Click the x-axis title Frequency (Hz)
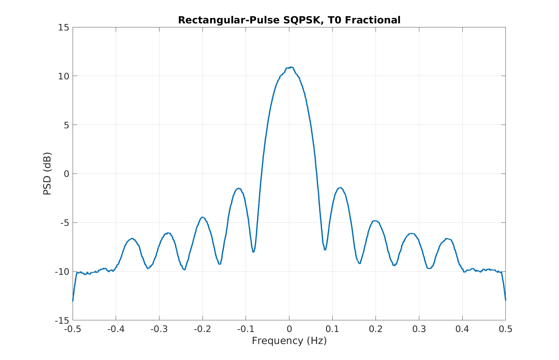pyautogui.click(x=289, y=341)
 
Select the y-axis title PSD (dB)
pyautogui.click(x=47, y=174)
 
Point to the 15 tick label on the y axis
pyautogui.click(x=63, y=27)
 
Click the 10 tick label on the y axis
pyautogui.click(x=63, y=76)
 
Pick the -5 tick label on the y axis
pyautogui.click(x=63, y=222)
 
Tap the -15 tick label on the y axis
pyautogui.click(x=62, y=320)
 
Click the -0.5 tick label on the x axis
pyautogui.click(x=73, y=329)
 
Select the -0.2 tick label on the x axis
pyautogui.click(x=203, y=329)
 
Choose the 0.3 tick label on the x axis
pyautogui.click(x=419, y=329)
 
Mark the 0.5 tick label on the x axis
pyautogui.click(x=505, y=329)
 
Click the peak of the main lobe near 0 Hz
pyautogui.click(x=290, y=67)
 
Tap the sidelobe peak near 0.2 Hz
pyautogui.click(x=375, y=221)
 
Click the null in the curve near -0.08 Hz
pyautogui.click(x=253, y=252)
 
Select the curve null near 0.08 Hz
pyautogui.click(x=325, y=250)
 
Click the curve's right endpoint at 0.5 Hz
pyautogui.click(x=505, y=300)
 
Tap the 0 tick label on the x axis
pyautogui.click(x=289, y=329)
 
